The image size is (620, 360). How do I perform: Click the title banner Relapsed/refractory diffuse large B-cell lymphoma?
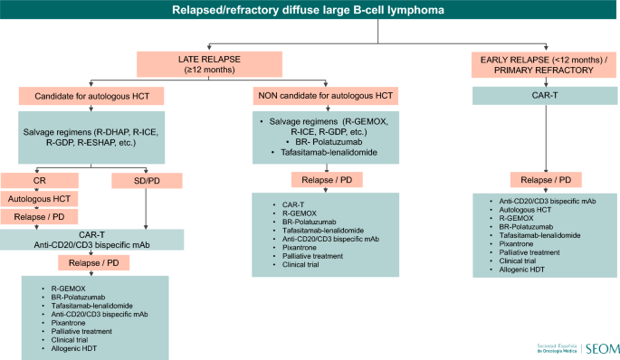click(x=310, y=11)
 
